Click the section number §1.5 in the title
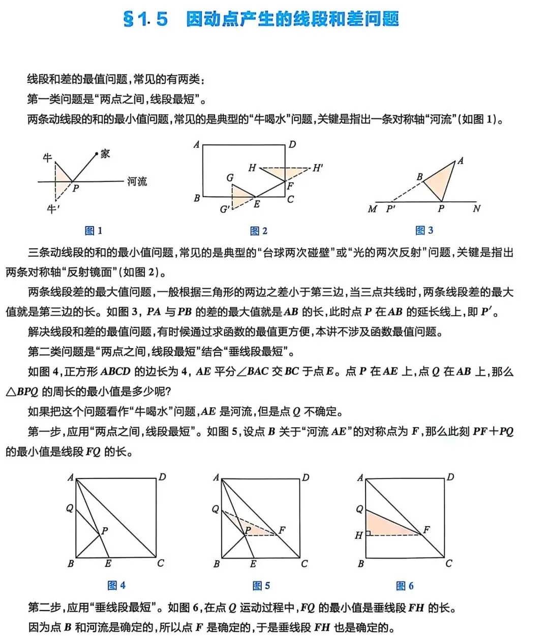[x=145, y=19]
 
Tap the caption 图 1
[x=94, y=231]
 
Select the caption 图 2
[x=259, y=231]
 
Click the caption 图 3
[x=424, y=231]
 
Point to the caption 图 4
[x=116, y=586]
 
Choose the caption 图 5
[x=261, y=586]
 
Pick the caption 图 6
[x=405, y=586]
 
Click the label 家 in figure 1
[x=105, y=154]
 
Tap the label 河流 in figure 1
[x=137, y=181]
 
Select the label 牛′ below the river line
[x=53, y=209]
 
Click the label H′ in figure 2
[x=318, y=168]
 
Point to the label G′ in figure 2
[x=225, y=209]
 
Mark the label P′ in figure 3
[x=391, y=209]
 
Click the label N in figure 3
[x=476, y=208]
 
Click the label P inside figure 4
[x=105, y=531]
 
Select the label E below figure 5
[x=253, y=564]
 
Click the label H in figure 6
[x=358, y=535]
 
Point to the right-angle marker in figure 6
[x=368, y=533]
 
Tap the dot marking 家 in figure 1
[x=97, y=154]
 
